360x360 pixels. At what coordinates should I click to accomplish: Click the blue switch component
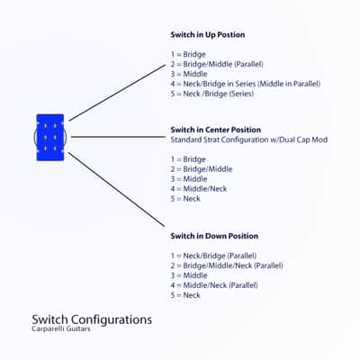[50, 138]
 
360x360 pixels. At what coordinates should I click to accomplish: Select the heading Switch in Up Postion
[208, 35]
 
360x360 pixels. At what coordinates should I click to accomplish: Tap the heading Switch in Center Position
[216, 130]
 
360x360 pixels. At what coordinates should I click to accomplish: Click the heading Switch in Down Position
[214, 236]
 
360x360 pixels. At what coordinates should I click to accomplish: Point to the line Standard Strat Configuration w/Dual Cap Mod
[249, 139]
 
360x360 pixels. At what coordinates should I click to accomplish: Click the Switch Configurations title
[92, 319]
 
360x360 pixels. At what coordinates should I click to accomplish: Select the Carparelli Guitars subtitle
[61, 328]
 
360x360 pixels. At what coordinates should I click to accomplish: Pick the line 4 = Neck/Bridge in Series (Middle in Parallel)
[246, 84]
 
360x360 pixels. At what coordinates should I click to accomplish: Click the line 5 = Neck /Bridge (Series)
[212, 94]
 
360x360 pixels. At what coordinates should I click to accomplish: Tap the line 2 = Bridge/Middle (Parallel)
[217, 64]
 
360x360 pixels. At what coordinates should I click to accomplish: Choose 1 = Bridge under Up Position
[188, 54]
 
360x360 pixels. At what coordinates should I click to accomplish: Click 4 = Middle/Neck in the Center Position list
[199, 189]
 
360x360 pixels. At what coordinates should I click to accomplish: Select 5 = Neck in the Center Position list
[185, 199]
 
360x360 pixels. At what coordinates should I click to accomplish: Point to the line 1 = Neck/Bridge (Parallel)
[213, 256]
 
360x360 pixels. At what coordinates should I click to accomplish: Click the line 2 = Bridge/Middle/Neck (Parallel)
[227, 265]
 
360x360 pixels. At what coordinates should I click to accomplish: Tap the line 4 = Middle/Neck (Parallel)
[214, 285]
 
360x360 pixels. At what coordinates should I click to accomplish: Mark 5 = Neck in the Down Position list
[185, 295]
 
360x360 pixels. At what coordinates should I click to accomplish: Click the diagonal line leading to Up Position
[117, 93]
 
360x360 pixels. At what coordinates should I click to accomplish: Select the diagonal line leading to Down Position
[117, 189]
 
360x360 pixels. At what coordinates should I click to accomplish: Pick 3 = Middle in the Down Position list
[189, 275]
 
